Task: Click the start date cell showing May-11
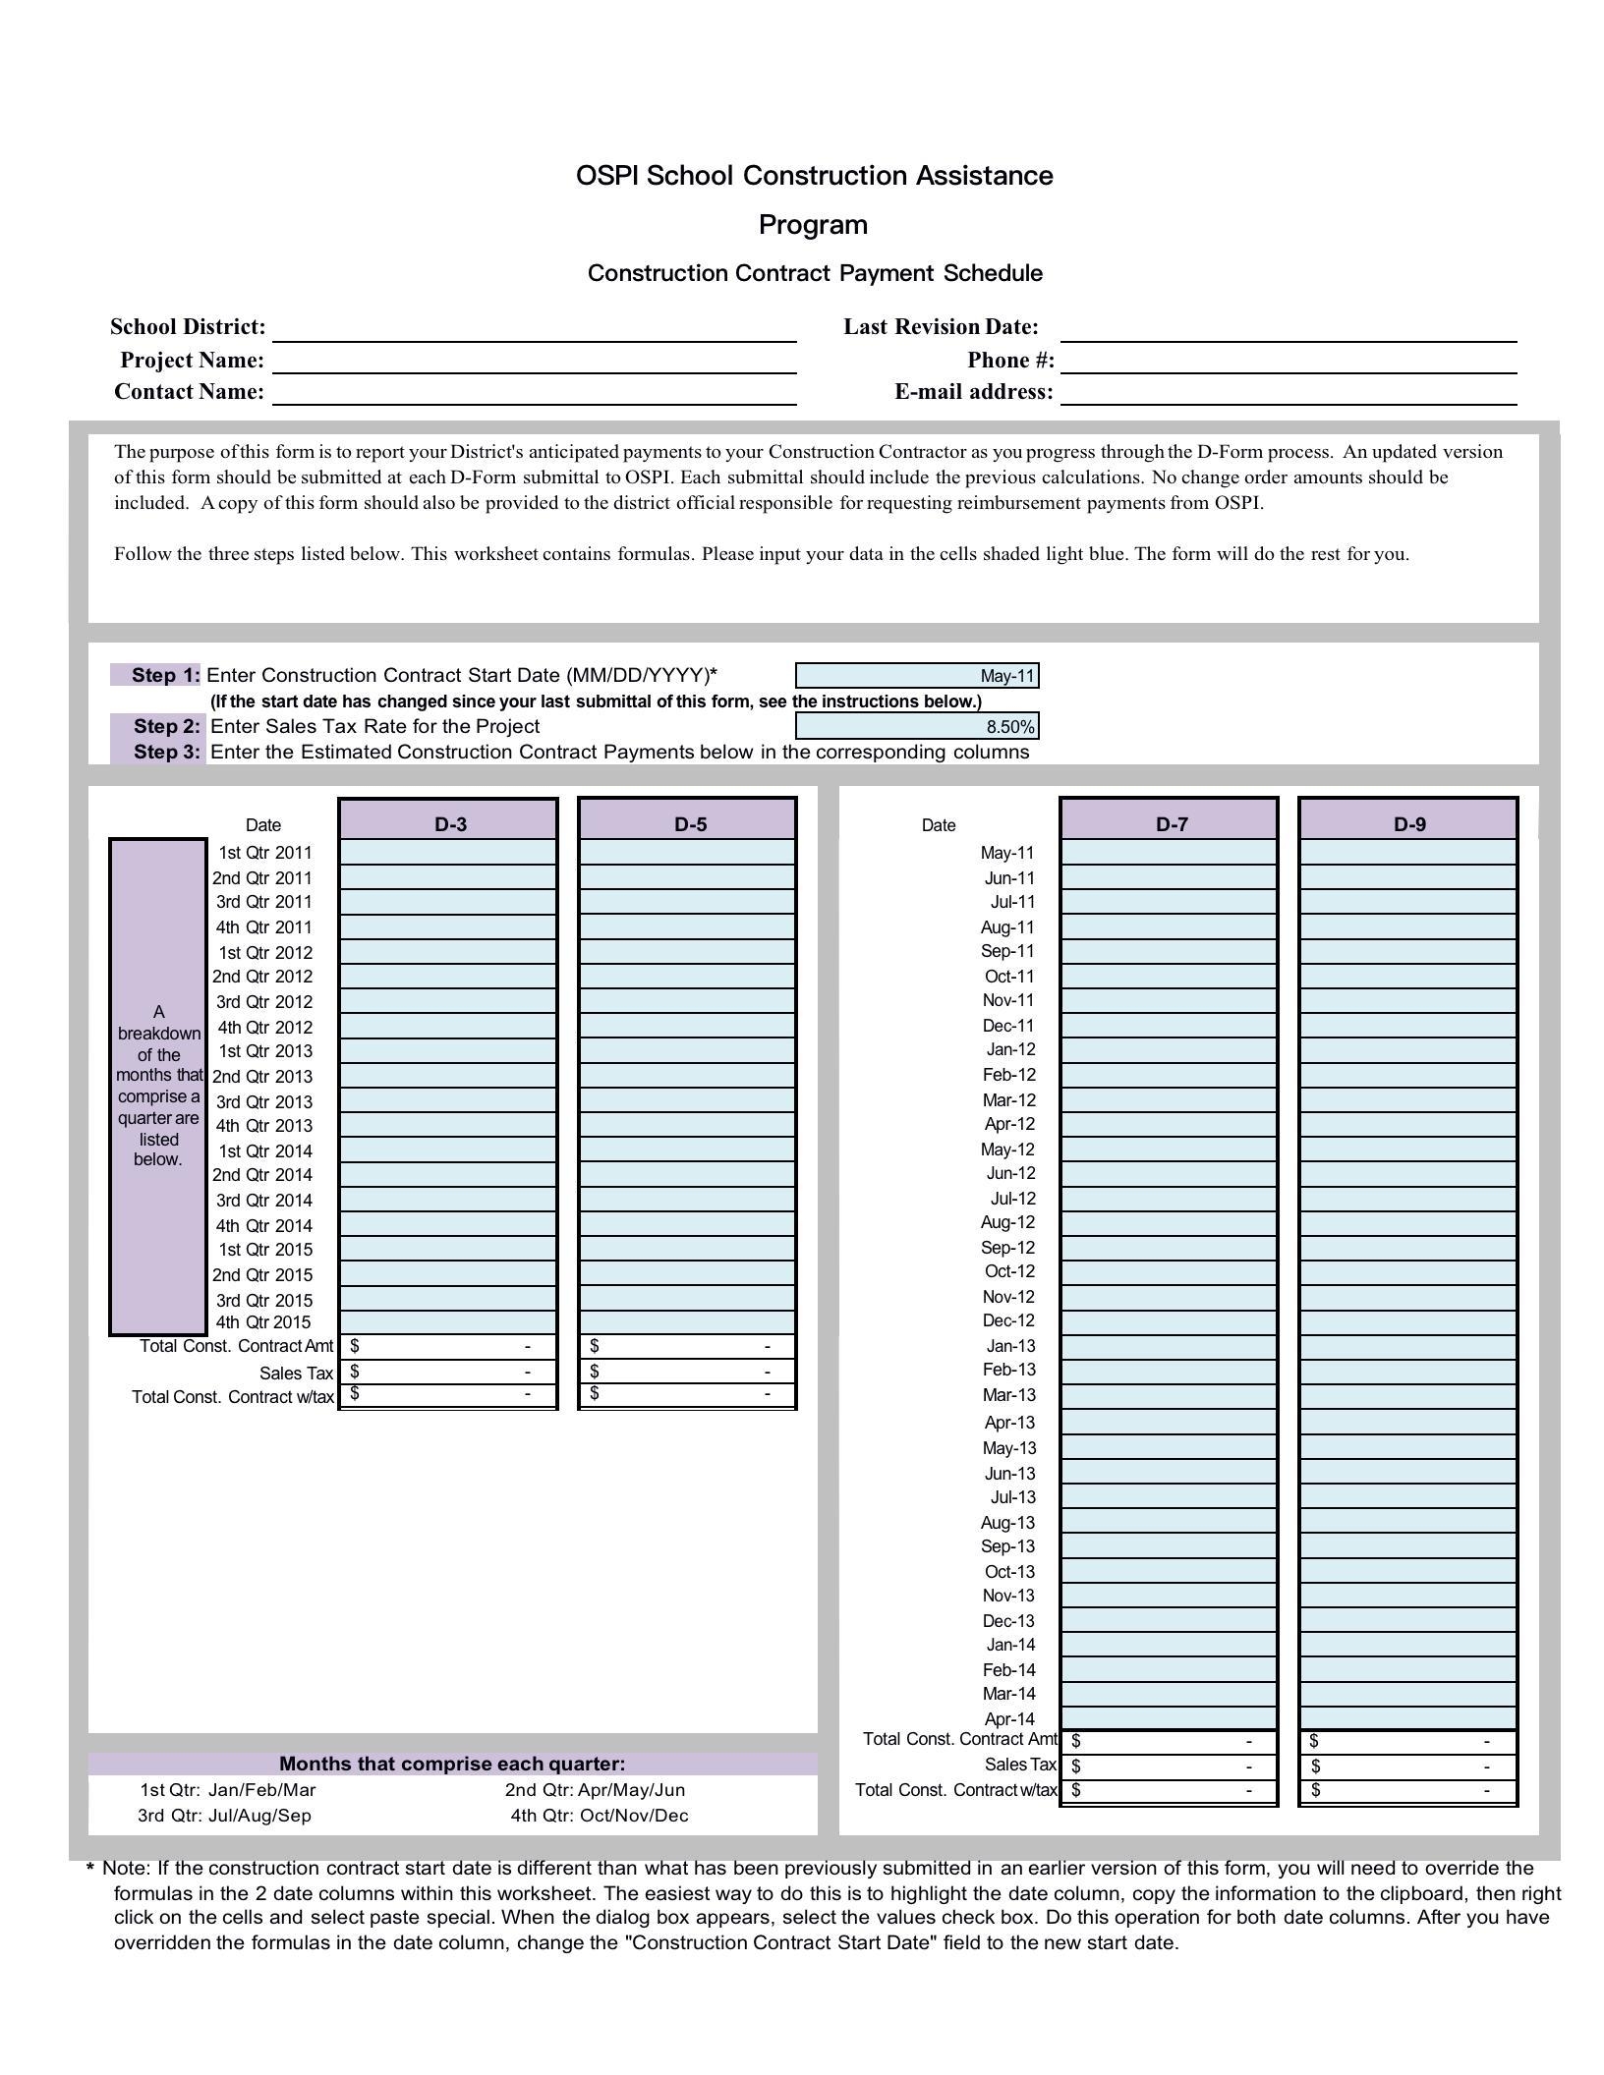(917, 676)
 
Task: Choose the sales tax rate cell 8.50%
(917, 727)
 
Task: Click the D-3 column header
(449, 823)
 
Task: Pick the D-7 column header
(1170, 823)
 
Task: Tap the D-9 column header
(1408, 823)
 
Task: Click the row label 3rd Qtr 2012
(263, 1002)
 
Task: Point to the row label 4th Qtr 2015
(262, 1322)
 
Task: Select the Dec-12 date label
(1008, 1321)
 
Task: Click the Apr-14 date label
(1009, 1719)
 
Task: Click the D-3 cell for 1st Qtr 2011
(448, 853)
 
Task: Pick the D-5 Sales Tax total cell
(687, 1372)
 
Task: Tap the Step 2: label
(167, 727)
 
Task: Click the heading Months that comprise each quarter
(452, 1764)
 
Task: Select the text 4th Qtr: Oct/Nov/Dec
(600, 1816)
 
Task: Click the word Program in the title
(813, 225)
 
